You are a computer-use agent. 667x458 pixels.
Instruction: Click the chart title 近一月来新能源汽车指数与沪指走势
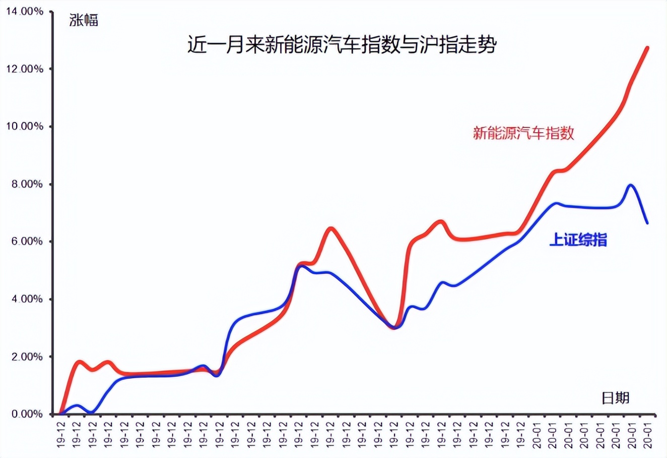coord(342,45)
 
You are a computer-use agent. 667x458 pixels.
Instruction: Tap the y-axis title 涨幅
coord(84,20)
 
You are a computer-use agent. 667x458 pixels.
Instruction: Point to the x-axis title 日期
coord(615,397)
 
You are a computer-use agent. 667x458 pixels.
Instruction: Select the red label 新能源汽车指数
coord(523,133)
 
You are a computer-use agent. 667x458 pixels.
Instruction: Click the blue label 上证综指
coord(578,240)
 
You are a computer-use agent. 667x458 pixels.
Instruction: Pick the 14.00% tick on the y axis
coord(24,11)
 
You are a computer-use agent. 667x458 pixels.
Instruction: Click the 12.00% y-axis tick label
coord(24,69)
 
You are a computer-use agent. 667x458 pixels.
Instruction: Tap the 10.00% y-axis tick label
coord(24,126)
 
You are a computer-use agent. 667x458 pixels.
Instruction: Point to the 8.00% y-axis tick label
coord(26,184)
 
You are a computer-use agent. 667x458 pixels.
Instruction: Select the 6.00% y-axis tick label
coord(26,242)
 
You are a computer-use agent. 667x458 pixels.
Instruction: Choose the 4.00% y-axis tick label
coord(26,299)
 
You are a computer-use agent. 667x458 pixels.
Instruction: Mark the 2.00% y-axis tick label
coord(26,357)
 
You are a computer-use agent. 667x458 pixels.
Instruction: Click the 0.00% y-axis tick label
coord(26,414)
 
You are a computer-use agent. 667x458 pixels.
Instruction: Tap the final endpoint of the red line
coord(647,48)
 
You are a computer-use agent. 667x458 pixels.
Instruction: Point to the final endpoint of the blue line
coord(647,222)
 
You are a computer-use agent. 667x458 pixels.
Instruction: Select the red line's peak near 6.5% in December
coord(330,229)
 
